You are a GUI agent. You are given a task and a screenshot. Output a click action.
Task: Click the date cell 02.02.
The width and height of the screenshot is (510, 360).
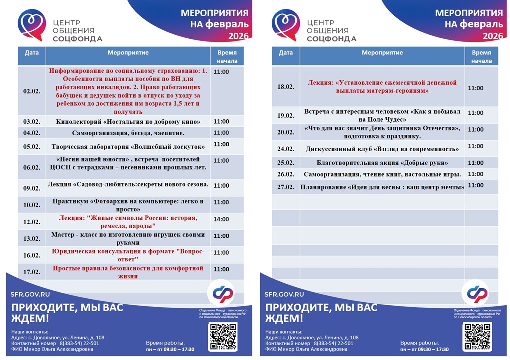tap(31, 91)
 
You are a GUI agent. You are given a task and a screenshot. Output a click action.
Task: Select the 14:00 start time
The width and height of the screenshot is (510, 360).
tap(221, 219)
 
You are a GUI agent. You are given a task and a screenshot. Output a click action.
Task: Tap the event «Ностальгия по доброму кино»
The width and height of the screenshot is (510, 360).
tap(128, 122)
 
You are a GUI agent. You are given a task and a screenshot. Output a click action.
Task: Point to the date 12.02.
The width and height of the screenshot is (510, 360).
tap(31, 222)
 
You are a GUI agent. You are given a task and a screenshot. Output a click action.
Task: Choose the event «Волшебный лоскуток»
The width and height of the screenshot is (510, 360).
tap(128, 147)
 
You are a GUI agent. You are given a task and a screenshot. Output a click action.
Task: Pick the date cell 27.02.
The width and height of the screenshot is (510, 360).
tap(286, 187)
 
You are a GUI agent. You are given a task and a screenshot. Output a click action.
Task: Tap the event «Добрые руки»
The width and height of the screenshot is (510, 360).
tap(382, 163)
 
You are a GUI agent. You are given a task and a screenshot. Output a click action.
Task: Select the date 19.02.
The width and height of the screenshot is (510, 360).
tap(286, 116)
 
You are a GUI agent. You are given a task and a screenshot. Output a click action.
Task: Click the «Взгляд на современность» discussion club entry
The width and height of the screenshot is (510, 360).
tap(382, 149)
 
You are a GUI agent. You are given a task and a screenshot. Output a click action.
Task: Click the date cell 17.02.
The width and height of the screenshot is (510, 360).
tap(31, 272)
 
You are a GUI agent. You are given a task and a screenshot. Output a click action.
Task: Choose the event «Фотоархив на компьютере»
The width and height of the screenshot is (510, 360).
tap(128, 205)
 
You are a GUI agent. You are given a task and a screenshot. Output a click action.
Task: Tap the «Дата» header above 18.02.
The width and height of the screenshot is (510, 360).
tap(286, 53)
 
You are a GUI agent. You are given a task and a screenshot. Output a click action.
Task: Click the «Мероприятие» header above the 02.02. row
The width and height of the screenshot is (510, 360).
tap(128, 53)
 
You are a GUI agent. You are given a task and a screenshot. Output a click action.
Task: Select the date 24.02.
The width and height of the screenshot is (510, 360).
tap(286, 149)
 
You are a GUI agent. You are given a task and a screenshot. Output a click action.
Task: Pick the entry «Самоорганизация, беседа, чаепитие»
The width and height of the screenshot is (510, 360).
tap(128, 133)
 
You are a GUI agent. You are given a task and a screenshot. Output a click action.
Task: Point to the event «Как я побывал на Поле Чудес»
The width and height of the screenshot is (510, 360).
tap(382, 115)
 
